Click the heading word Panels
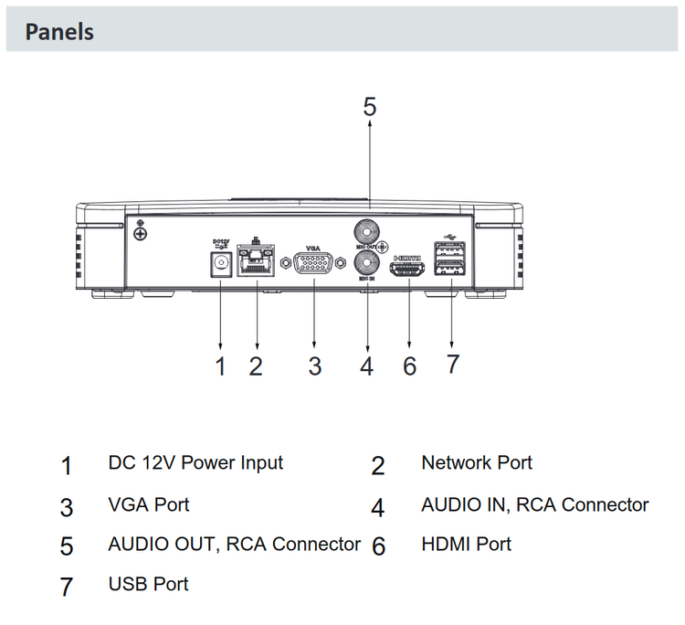tap(59, 32)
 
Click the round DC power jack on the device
tap(220, 264)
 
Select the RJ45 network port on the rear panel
tap(257, 264)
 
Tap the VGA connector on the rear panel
tap(313, 265)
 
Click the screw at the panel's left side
tap(141, 234)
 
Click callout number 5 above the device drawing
tap(369, 107)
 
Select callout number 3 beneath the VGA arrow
tap(314, 366)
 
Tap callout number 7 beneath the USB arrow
tap(452, 364)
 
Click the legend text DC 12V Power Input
tap(195, 462)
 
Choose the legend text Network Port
tap(477, 462)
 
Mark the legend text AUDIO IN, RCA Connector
tap(534, 504)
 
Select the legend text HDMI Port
tap(466, 544)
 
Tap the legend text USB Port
tap(148, 583)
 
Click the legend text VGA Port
tap(148, 504)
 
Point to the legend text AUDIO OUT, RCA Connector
tap(234, 544)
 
